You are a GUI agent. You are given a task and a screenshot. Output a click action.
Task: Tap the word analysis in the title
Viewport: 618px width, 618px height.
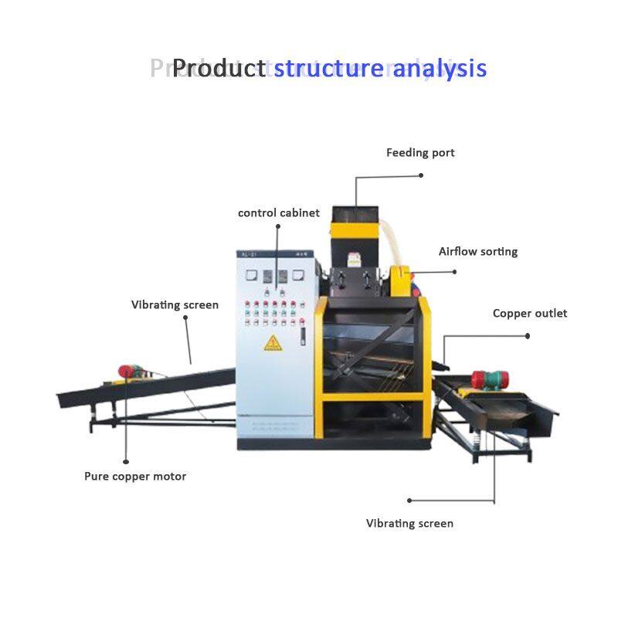[440, 68]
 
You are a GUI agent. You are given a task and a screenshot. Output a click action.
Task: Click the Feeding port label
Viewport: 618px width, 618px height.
[420, 153]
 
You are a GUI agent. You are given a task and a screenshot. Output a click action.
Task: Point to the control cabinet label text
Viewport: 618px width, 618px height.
[278, 212]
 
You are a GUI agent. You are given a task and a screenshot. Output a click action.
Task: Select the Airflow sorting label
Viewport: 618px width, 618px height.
[478, 252]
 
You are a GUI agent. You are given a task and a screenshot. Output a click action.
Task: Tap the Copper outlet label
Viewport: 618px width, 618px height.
[530, 314]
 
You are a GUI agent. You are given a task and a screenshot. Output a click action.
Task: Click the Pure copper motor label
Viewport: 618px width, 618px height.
[135, 477]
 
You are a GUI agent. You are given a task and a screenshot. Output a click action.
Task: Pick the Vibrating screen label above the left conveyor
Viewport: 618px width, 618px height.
[175, 305]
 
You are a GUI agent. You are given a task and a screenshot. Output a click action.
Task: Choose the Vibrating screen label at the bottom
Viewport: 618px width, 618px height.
[409, 524]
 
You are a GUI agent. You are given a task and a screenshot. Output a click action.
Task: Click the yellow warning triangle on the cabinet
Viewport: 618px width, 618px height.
[273, 342]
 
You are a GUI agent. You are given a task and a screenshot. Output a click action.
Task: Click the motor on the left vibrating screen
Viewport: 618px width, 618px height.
[128, 372]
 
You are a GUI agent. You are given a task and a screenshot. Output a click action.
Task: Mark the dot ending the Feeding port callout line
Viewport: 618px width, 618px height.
[421, 175]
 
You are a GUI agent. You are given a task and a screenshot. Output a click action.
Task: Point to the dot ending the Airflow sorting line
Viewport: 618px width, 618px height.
[455, 271]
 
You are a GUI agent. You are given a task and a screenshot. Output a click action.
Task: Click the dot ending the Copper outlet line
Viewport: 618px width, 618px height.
[528, 336]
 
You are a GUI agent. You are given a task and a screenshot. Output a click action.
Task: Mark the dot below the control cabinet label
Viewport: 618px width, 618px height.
[277, 226]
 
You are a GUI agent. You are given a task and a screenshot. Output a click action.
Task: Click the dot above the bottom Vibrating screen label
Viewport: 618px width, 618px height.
[409, 501]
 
